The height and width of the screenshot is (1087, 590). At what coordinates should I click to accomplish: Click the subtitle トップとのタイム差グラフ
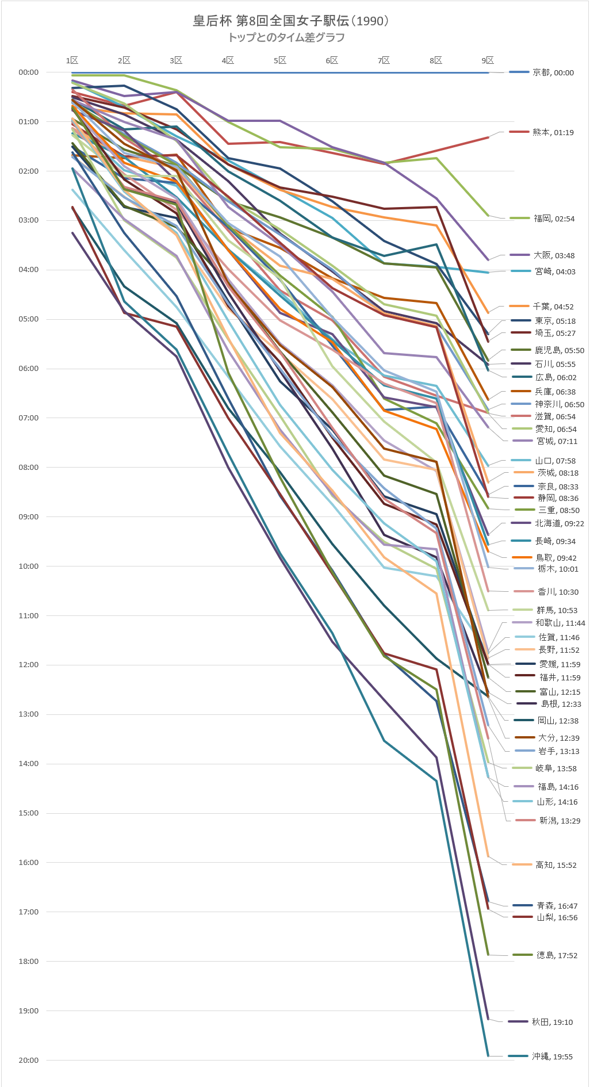click(x=286, y=38)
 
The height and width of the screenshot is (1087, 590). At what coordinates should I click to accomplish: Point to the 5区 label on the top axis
click(x=280, y=60)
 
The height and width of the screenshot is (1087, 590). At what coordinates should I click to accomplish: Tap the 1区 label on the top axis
click(x=72, y=60)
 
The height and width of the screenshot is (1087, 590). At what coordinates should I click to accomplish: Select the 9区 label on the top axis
click(x=488, y=60)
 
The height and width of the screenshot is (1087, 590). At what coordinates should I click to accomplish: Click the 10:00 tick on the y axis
click(x=29, y=567)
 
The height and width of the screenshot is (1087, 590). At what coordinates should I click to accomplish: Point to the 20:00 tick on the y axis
click(x=29, y=1060)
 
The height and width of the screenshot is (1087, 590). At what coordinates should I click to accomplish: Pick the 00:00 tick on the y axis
click(x=29, y=72)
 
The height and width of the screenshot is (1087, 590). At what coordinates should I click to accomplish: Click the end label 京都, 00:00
click(x=553, y=72)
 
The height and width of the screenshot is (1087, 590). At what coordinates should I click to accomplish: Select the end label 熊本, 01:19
click(x=553, y=132)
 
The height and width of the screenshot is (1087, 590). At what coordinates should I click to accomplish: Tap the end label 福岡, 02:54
click(x=554, y=219)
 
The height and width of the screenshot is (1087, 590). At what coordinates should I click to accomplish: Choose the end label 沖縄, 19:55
click(x=552, y=1057)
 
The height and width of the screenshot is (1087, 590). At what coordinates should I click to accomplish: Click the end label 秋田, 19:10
click(x=552, y=1022)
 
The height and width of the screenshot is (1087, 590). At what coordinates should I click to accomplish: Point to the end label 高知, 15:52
click(x=555, y=865)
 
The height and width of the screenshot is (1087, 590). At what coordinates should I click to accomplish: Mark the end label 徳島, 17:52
click(x=557, y=955)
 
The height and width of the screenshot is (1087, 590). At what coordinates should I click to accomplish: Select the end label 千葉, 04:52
click(x=553, y=307)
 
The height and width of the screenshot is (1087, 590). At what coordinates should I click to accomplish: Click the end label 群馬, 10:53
click(x=557, y=610)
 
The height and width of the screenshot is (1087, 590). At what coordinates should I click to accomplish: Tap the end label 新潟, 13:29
click(x=560, y=821)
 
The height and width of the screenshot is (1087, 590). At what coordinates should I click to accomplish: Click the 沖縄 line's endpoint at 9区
click(x=488, y=1056)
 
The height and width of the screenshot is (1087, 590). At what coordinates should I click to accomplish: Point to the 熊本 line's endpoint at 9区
click(x=488, y=137)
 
